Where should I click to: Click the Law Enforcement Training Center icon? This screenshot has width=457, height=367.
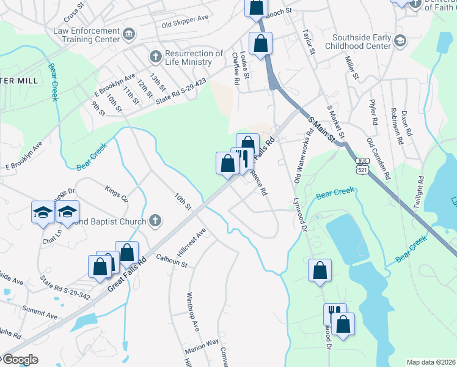click(129, 32)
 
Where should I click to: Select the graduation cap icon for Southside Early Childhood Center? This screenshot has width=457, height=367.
click(400, 41)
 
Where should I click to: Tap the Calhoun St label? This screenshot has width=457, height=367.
click(172, 261)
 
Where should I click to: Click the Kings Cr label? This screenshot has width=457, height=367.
click(117, 194)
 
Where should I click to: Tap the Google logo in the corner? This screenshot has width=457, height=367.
click(20, 360)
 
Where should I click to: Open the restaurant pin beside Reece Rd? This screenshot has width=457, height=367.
click(243, 158)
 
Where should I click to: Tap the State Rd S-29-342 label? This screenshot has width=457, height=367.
click(65, 288)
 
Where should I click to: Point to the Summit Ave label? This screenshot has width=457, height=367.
click(40, 313)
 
